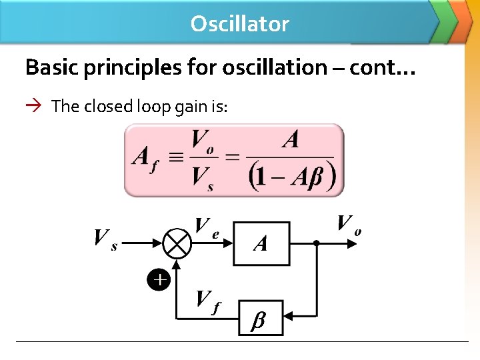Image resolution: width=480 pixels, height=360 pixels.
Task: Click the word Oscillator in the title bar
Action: coord(239,24)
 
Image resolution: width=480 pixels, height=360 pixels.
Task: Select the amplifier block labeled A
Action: coord(261,243)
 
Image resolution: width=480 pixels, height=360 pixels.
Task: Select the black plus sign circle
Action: coord(159,280)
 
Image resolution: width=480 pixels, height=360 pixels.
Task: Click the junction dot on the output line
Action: coord(317,243)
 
